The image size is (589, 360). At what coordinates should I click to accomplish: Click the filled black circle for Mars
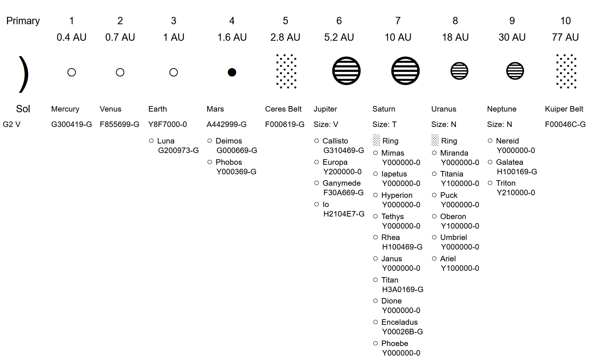click(x=232, y=72)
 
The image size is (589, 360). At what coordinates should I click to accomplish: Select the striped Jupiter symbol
click(x=346, y=71)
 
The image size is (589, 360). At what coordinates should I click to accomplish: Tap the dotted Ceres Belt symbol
click(x=286, y=71)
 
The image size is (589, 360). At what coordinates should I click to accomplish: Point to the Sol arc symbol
click(x=23, y=74)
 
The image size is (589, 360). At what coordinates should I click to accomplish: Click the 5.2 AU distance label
click(x=339, y=37)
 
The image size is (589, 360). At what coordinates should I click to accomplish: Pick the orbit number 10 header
click(x=565, y=21)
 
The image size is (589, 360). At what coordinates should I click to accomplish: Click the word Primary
click(x=23, y=21)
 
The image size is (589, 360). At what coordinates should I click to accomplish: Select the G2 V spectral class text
click(x=12, y=124)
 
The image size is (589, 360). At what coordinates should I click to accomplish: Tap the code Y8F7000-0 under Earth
click(x=168, y=124)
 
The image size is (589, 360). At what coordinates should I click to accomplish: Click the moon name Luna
click(x=166, y=141)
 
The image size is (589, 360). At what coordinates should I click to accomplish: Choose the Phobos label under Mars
click(x=229, y=162)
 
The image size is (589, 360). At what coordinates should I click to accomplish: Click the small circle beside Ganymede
click(x=317, y=183)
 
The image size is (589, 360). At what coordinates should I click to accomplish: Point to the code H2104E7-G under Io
click(x=344, y=214)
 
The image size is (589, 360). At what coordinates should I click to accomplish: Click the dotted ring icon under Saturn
click(x=376, y=140)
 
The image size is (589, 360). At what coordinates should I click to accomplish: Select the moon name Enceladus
click(x=399, y=322)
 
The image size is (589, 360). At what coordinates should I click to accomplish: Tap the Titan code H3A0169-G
click(x=403, y=290)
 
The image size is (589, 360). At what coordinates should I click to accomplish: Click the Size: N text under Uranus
click(x=444, y=124)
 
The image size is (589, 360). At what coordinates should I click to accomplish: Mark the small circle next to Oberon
click(x=434, y=217)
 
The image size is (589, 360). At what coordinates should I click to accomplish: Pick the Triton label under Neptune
click(x=506, y=183)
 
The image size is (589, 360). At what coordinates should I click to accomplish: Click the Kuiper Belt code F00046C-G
click(x=565, y=124)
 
